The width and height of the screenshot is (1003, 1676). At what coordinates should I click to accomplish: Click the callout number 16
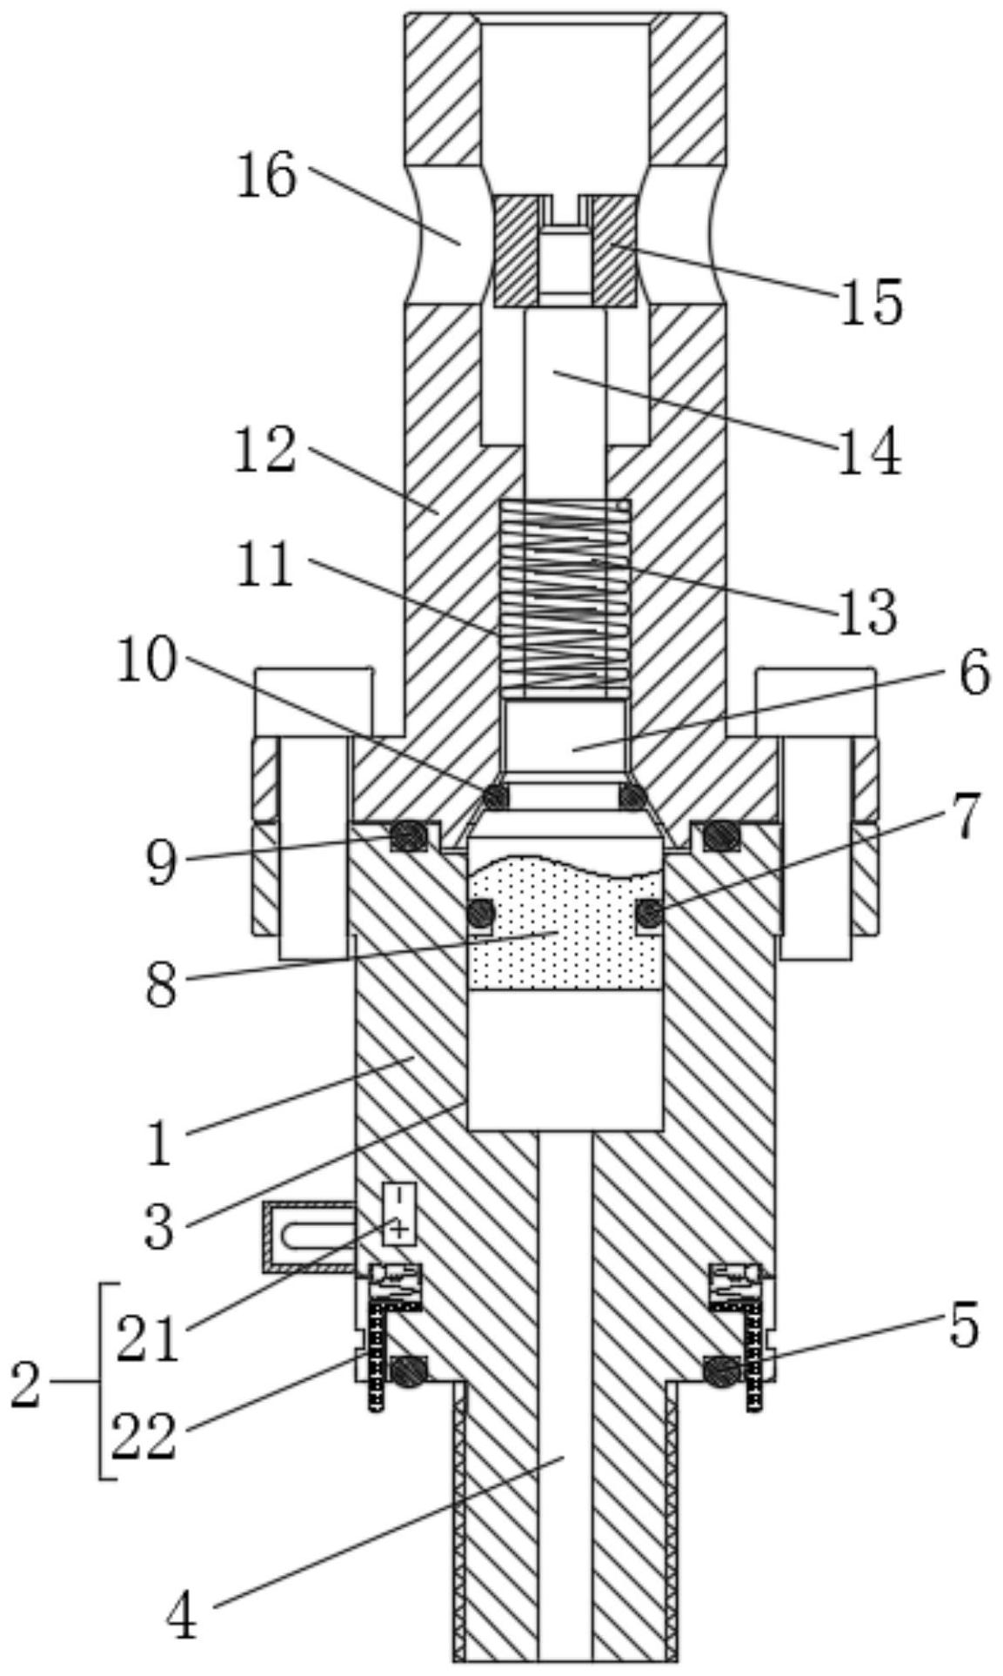(x=268, y=176)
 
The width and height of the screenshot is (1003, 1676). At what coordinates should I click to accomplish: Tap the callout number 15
(x=871, y=302)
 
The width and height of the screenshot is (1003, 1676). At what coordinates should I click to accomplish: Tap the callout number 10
(x=147, y=660)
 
